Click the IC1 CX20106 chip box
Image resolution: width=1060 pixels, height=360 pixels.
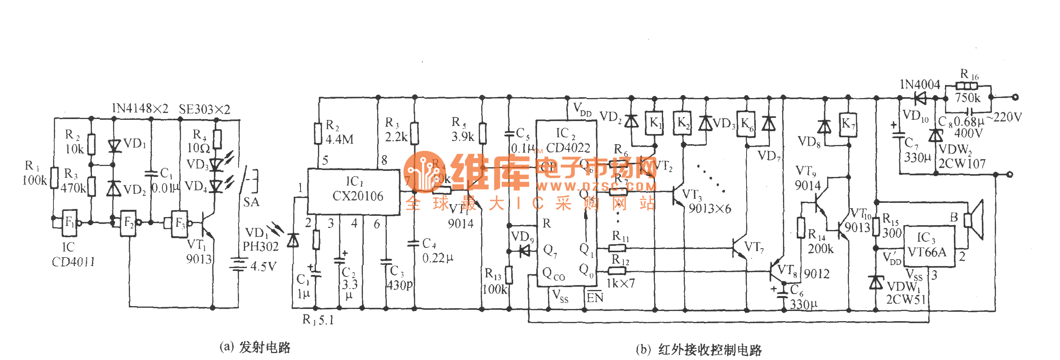[x=354, y=192]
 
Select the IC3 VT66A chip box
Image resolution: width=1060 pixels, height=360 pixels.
[x=930, y=246]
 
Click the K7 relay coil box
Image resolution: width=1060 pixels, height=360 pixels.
[x=847, y=123]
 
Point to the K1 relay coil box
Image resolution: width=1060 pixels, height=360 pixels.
[x=654, y=123]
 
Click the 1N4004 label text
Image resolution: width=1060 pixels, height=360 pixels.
[x=919, y=85]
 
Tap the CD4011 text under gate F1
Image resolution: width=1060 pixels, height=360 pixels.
[x=73, y=262]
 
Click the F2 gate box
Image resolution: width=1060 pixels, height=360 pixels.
[x=128, y=223]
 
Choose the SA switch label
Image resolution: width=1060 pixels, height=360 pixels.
[x=251, y=202]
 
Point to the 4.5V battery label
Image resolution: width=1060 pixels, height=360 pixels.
[x=263, y=266]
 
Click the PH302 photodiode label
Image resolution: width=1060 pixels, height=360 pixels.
[x=260, y=247]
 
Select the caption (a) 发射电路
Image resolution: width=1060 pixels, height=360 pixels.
[x=255, y=347]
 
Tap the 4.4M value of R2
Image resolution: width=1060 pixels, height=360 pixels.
[x=339, y=140]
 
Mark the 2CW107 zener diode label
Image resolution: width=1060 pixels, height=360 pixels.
[x=962, y=164]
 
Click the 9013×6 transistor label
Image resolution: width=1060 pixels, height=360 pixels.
[x=710, y=209]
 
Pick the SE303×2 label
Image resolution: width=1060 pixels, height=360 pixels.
[x=204, y=109]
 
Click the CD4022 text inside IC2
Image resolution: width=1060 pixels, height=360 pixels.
[x=568, y=148]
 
